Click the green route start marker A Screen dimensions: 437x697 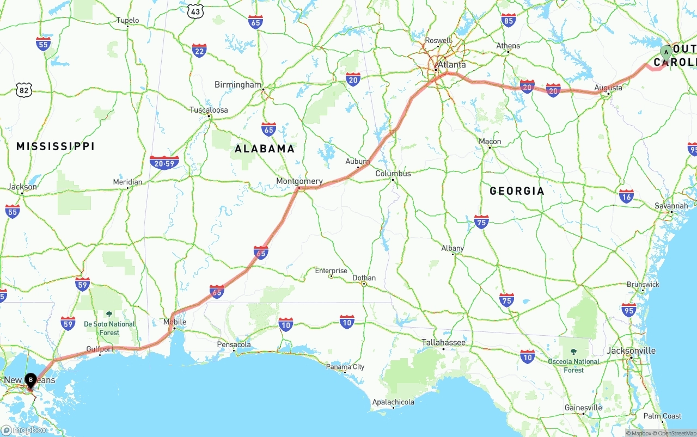[665, 52]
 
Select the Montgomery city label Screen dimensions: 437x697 [299, 181]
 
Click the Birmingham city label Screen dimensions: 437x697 [238, 85]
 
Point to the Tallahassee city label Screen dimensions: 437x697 [443, 342]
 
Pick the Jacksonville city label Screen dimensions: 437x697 [631, 350]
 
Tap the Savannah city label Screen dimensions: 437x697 [671, 206]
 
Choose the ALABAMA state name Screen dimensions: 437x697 [265, 149]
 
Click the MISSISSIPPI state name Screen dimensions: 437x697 [56, 146]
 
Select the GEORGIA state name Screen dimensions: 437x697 [517, 191]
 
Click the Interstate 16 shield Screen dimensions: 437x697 [626, 196]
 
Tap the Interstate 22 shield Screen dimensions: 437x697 [199, 51]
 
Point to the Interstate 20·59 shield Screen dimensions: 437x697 [164, 162]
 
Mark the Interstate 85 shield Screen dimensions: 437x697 [509, 21]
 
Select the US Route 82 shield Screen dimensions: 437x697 [23, 90]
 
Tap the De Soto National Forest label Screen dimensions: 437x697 [109, 328]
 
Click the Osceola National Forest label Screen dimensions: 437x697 [574, 366]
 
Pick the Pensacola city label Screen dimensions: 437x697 [234, 344]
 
